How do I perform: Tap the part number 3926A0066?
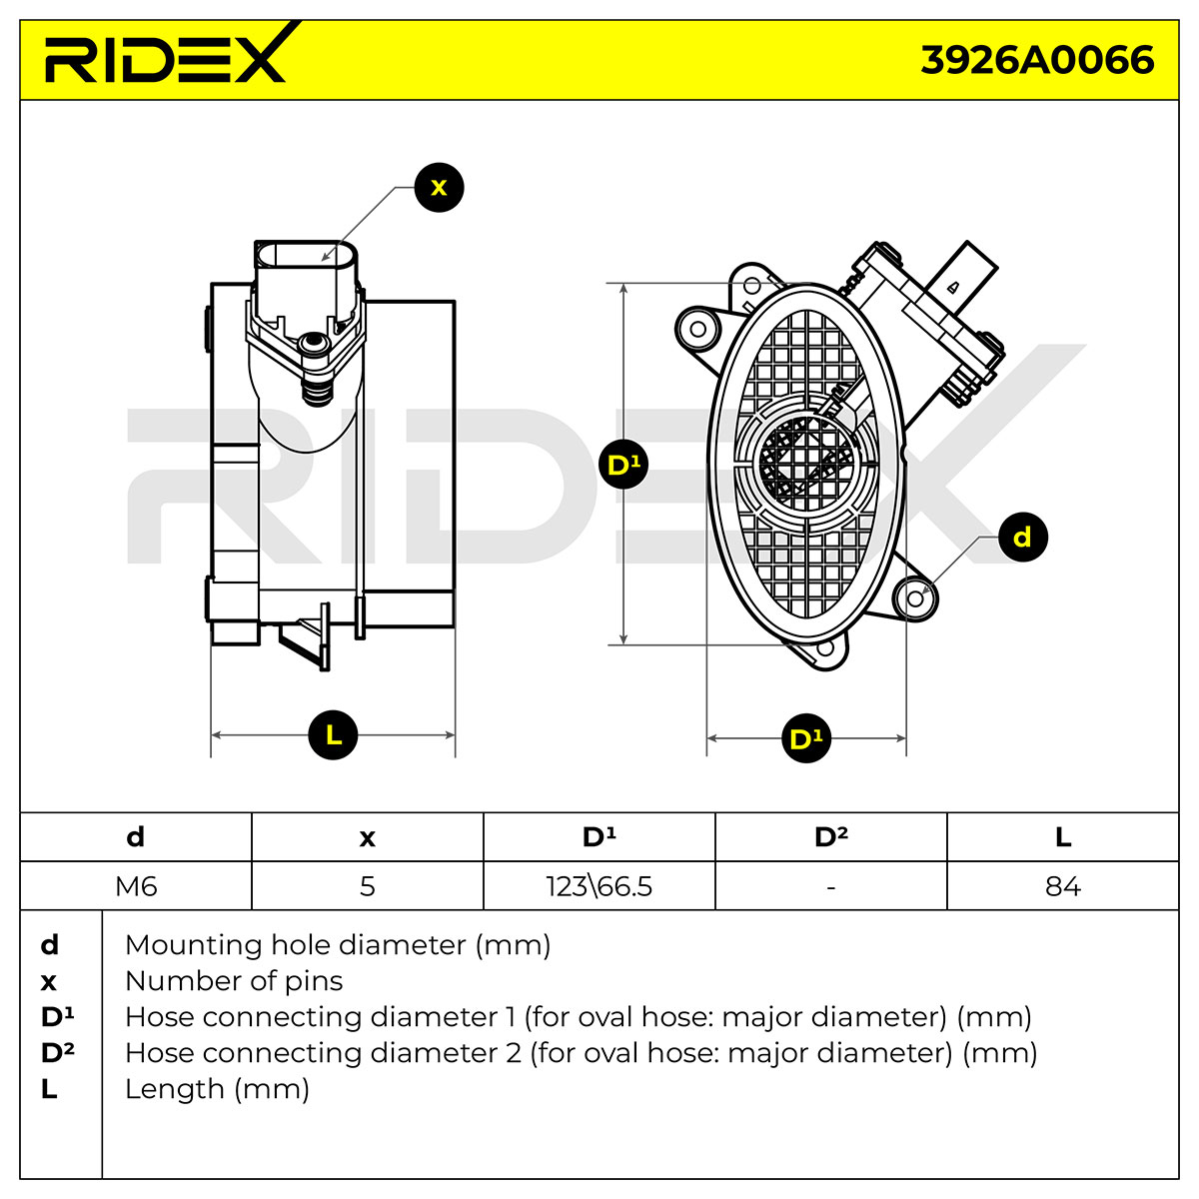click(1036, 60)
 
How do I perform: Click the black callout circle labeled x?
click(439, 187)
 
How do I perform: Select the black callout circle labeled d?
click(1022, 537)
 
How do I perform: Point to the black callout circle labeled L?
click(333, 734)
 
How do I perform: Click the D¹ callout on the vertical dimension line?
click(622, 464)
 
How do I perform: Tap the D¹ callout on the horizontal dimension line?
click(805, 738)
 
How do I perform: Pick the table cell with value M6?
click(136, 885)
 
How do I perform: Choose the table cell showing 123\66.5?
click(599, 885)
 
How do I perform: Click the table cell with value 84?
click(1063, 885)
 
